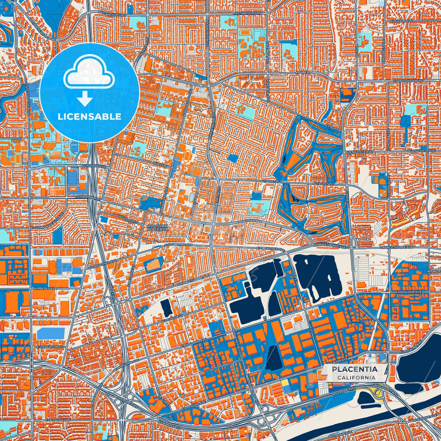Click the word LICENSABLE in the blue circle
point(89,117)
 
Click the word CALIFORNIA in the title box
point(356,378)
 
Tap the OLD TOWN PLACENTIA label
point(157,227)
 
